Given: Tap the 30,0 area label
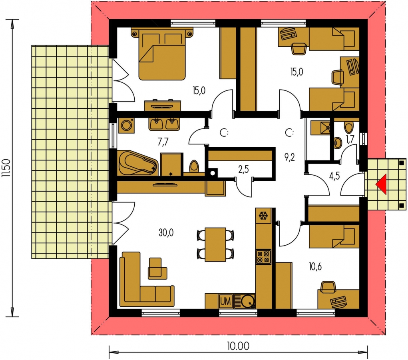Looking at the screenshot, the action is [x=166, y=233].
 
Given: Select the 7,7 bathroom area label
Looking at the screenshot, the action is [x=163, y=142].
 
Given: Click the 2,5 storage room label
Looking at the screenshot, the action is [x=243, y=169].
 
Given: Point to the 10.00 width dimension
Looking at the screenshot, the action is [x=238, y=346].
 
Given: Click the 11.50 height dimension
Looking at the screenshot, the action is [x=6, y=168].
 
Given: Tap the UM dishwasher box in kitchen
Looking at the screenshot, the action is [x=225, y=301].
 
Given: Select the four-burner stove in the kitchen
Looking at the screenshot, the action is [x=263, y=257].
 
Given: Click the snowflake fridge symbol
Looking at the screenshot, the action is [x=263, y=216].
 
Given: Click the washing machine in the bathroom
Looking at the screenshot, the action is [x=126, y=126].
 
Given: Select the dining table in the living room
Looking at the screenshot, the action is [x=215, y=244].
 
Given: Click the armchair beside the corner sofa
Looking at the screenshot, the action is [x=157, y=268].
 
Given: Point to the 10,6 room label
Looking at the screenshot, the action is [x=315, y=267].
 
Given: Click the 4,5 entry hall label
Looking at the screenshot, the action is [x=334, y=176].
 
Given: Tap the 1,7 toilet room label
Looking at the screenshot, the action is [x=350, y=139].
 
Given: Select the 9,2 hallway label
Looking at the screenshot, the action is [x=290, y=157].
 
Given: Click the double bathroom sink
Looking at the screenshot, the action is [x=164, y=124].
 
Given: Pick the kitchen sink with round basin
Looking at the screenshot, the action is [x=244, y=301].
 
